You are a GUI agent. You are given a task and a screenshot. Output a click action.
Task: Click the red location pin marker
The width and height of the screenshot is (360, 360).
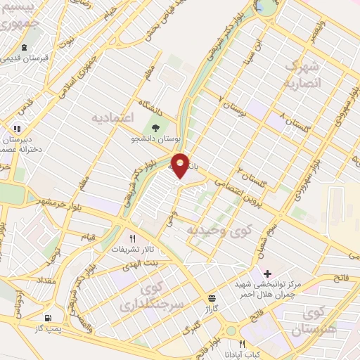[181, 165]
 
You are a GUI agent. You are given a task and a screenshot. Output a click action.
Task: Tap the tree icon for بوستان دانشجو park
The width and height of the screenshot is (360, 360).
[155, 127]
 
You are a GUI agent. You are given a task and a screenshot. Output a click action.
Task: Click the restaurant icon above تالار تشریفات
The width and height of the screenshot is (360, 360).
[131, 238]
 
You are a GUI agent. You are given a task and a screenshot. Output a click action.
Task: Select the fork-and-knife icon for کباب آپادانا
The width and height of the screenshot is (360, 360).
[243, 344]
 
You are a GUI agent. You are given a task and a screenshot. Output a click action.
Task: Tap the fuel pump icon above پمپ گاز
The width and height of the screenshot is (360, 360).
[48, 317]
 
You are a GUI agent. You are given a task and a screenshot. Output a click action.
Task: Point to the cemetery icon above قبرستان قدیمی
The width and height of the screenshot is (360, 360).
[25, 48]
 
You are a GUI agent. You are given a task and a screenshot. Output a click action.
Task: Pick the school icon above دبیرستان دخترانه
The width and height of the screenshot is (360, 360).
[17, 129]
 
